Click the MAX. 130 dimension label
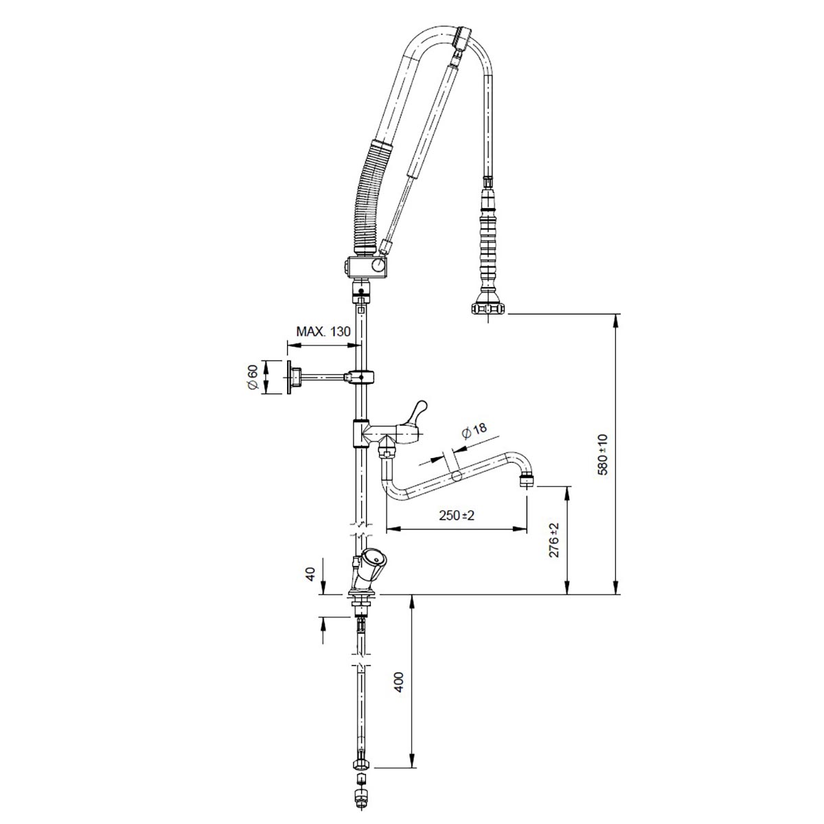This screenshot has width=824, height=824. (x=323, y=331)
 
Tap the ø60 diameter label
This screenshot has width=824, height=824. (x=253, y=377)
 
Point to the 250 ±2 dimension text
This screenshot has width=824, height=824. (x=457, y=515)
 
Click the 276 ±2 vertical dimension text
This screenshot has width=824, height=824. (x=553, y=540)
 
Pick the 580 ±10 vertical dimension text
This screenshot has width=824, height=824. (x=602, y=455)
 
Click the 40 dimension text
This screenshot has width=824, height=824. (x=310, y=574)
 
